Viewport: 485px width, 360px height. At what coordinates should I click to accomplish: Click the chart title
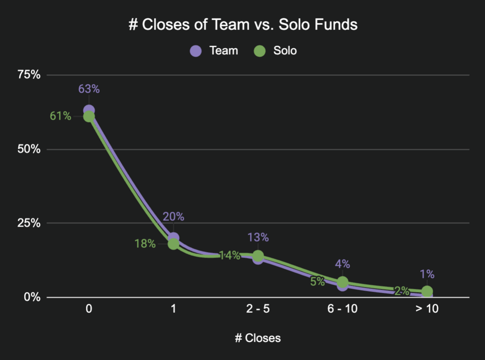coord(242,25)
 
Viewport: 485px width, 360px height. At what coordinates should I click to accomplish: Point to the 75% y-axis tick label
coord(29,75)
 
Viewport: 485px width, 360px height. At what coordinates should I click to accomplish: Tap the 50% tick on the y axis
coord(29,149)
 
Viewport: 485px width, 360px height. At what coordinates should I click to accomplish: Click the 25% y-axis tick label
coord(29,223)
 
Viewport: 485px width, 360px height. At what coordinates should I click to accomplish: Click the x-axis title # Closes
coord(258,338)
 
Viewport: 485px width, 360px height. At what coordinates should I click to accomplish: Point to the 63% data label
coord(89,89)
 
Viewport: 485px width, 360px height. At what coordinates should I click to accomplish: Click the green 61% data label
coord(61,116)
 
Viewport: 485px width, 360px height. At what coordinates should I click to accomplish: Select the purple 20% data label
coord(173,216)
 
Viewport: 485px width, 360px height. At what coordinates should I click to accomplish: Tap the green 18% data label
coord(145,244)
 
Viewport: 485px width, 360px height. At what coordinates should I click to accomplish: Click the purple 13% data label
coord(258,237)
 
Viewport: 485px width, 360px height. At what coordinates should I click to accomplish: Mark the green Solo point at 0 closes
coord(89,117)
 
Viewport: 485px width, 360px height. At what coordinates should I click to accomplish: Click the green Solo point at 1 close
coord(173,244)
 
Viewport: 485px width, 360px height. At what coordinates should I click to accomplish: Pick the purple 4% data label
coord(342,264)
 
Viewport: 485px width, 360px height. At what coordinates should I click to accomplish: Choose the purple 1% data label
coord(427,274)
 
